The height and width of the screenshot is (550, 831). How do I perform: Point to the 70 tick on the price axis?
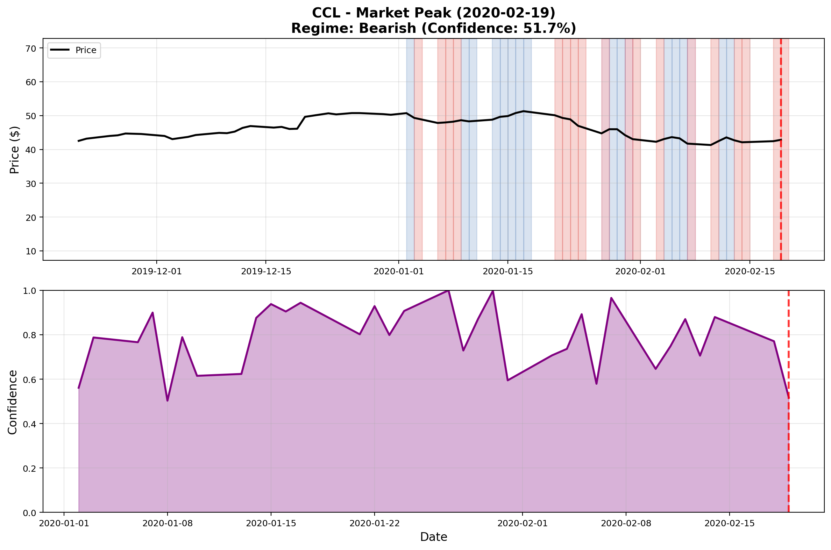[x=31, y=49]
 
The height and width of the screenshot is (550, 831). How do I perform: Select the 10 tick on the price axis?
[x=31, y=251]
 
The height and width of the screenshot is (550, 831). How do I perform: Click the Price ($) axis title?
[x=14, y=150]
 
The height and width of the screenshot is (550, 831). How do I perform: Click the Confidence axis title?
[x=13, y=402]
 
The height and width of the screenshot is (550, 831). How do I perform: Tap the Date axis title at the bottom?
[x=433, y=537]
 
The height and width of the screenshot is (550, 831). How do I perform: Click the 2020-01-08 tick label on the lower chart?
[x=168, y=523]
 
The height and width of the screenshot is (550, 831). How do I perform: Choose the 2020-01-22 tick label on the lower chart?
[x=374, y=523]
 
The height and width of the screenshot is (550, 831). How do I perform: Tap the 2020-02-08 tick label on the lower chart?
[x=626, y=523]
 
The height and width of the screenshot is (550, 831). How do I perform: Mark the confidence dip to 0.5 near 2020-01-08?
[x=168, y=400]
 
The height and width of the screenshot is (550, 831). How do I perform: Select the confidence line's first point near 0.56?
[x=79, y=388]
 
